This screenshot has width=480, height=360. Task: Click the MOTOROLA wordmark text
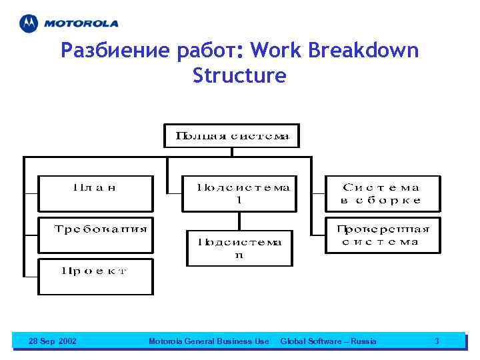click(81, 24)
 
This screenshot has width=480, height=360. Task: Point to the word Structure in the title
click(239, 76)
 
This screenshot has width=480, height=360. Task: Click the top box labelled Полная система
click(232, 136)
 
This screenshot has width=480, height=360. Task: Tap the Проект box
click(95, 276)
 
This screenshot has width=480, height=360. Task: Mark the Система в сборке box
click(381, 193)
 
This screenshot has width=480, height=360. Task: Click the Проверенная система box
click(383, 235)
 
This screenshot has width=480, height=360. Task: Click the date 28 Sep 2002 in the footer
click(53, 341)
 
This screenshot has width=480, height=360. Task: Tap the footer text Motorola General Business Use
click(209, 341)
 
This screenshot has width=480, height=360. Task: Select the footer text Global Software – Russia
click(328, 341)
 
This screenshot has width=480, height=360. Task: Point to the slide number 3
click(437, 341)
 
